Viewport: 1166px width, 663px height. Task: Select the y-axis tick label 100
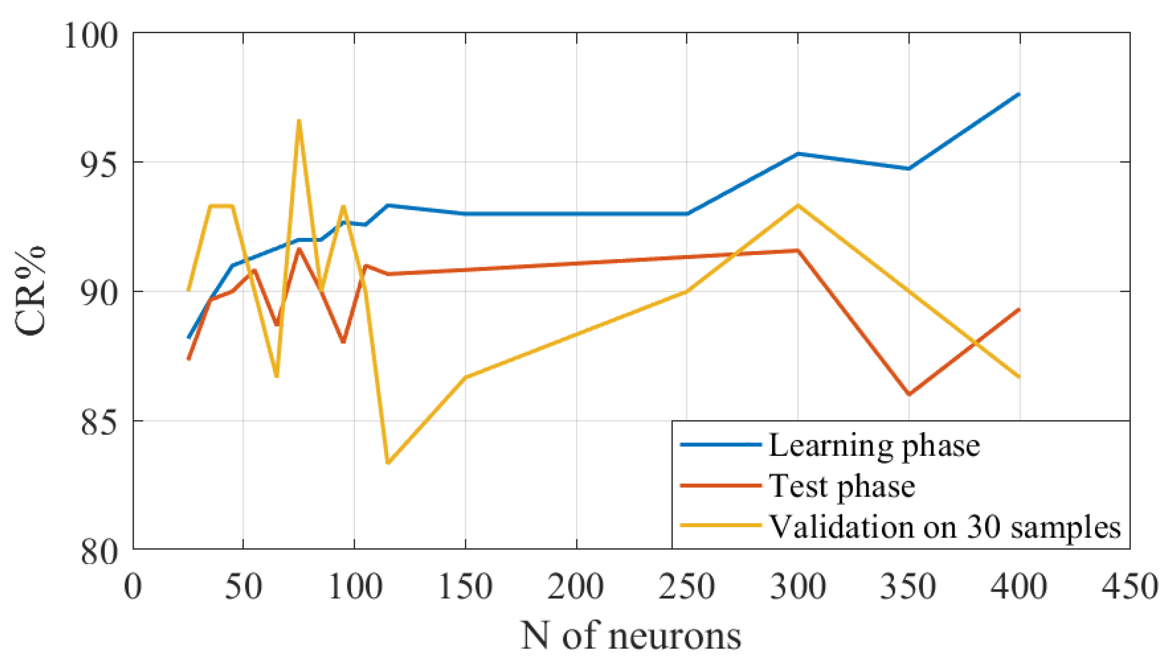click(90, 35)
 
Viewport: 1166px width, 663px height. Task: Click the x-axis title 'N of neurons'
click(631, 636)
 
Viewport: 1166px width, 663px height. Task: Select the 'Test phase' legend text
click(842, 486)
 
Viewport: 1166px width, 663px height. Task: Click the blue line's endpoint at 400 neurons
click(1019, 94)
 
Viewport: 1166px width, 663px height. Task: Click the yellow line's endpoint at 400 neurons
click(1019, 377)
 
